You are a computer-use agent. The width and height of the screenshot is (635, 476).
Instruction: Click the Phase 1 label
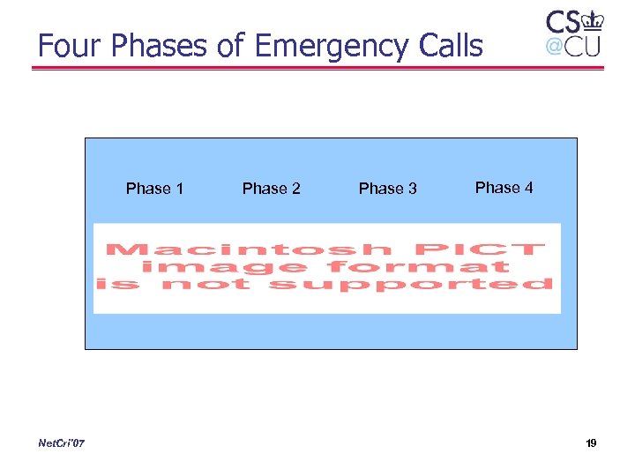point(154,189)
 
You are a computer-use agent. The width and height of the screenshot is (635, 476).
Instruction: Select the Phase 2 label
point(271,189)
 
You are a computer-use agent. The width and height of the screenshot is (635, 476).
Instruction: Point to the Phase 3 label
point(387,189)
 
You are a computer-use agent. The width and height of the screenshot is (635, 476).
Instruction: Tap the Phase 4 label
point(504,188)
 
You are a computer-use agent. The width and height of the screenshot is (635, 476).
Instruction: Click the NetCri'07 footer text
point(62,443)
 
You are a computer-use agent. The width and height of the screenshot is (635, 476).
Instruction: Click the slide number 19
point(590,443)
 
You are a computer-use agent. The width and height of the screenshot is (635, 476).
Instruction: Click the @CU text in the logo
point(572,46)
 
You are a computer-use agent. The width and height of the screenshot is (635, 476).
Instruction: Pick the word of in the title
point(232,45)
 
